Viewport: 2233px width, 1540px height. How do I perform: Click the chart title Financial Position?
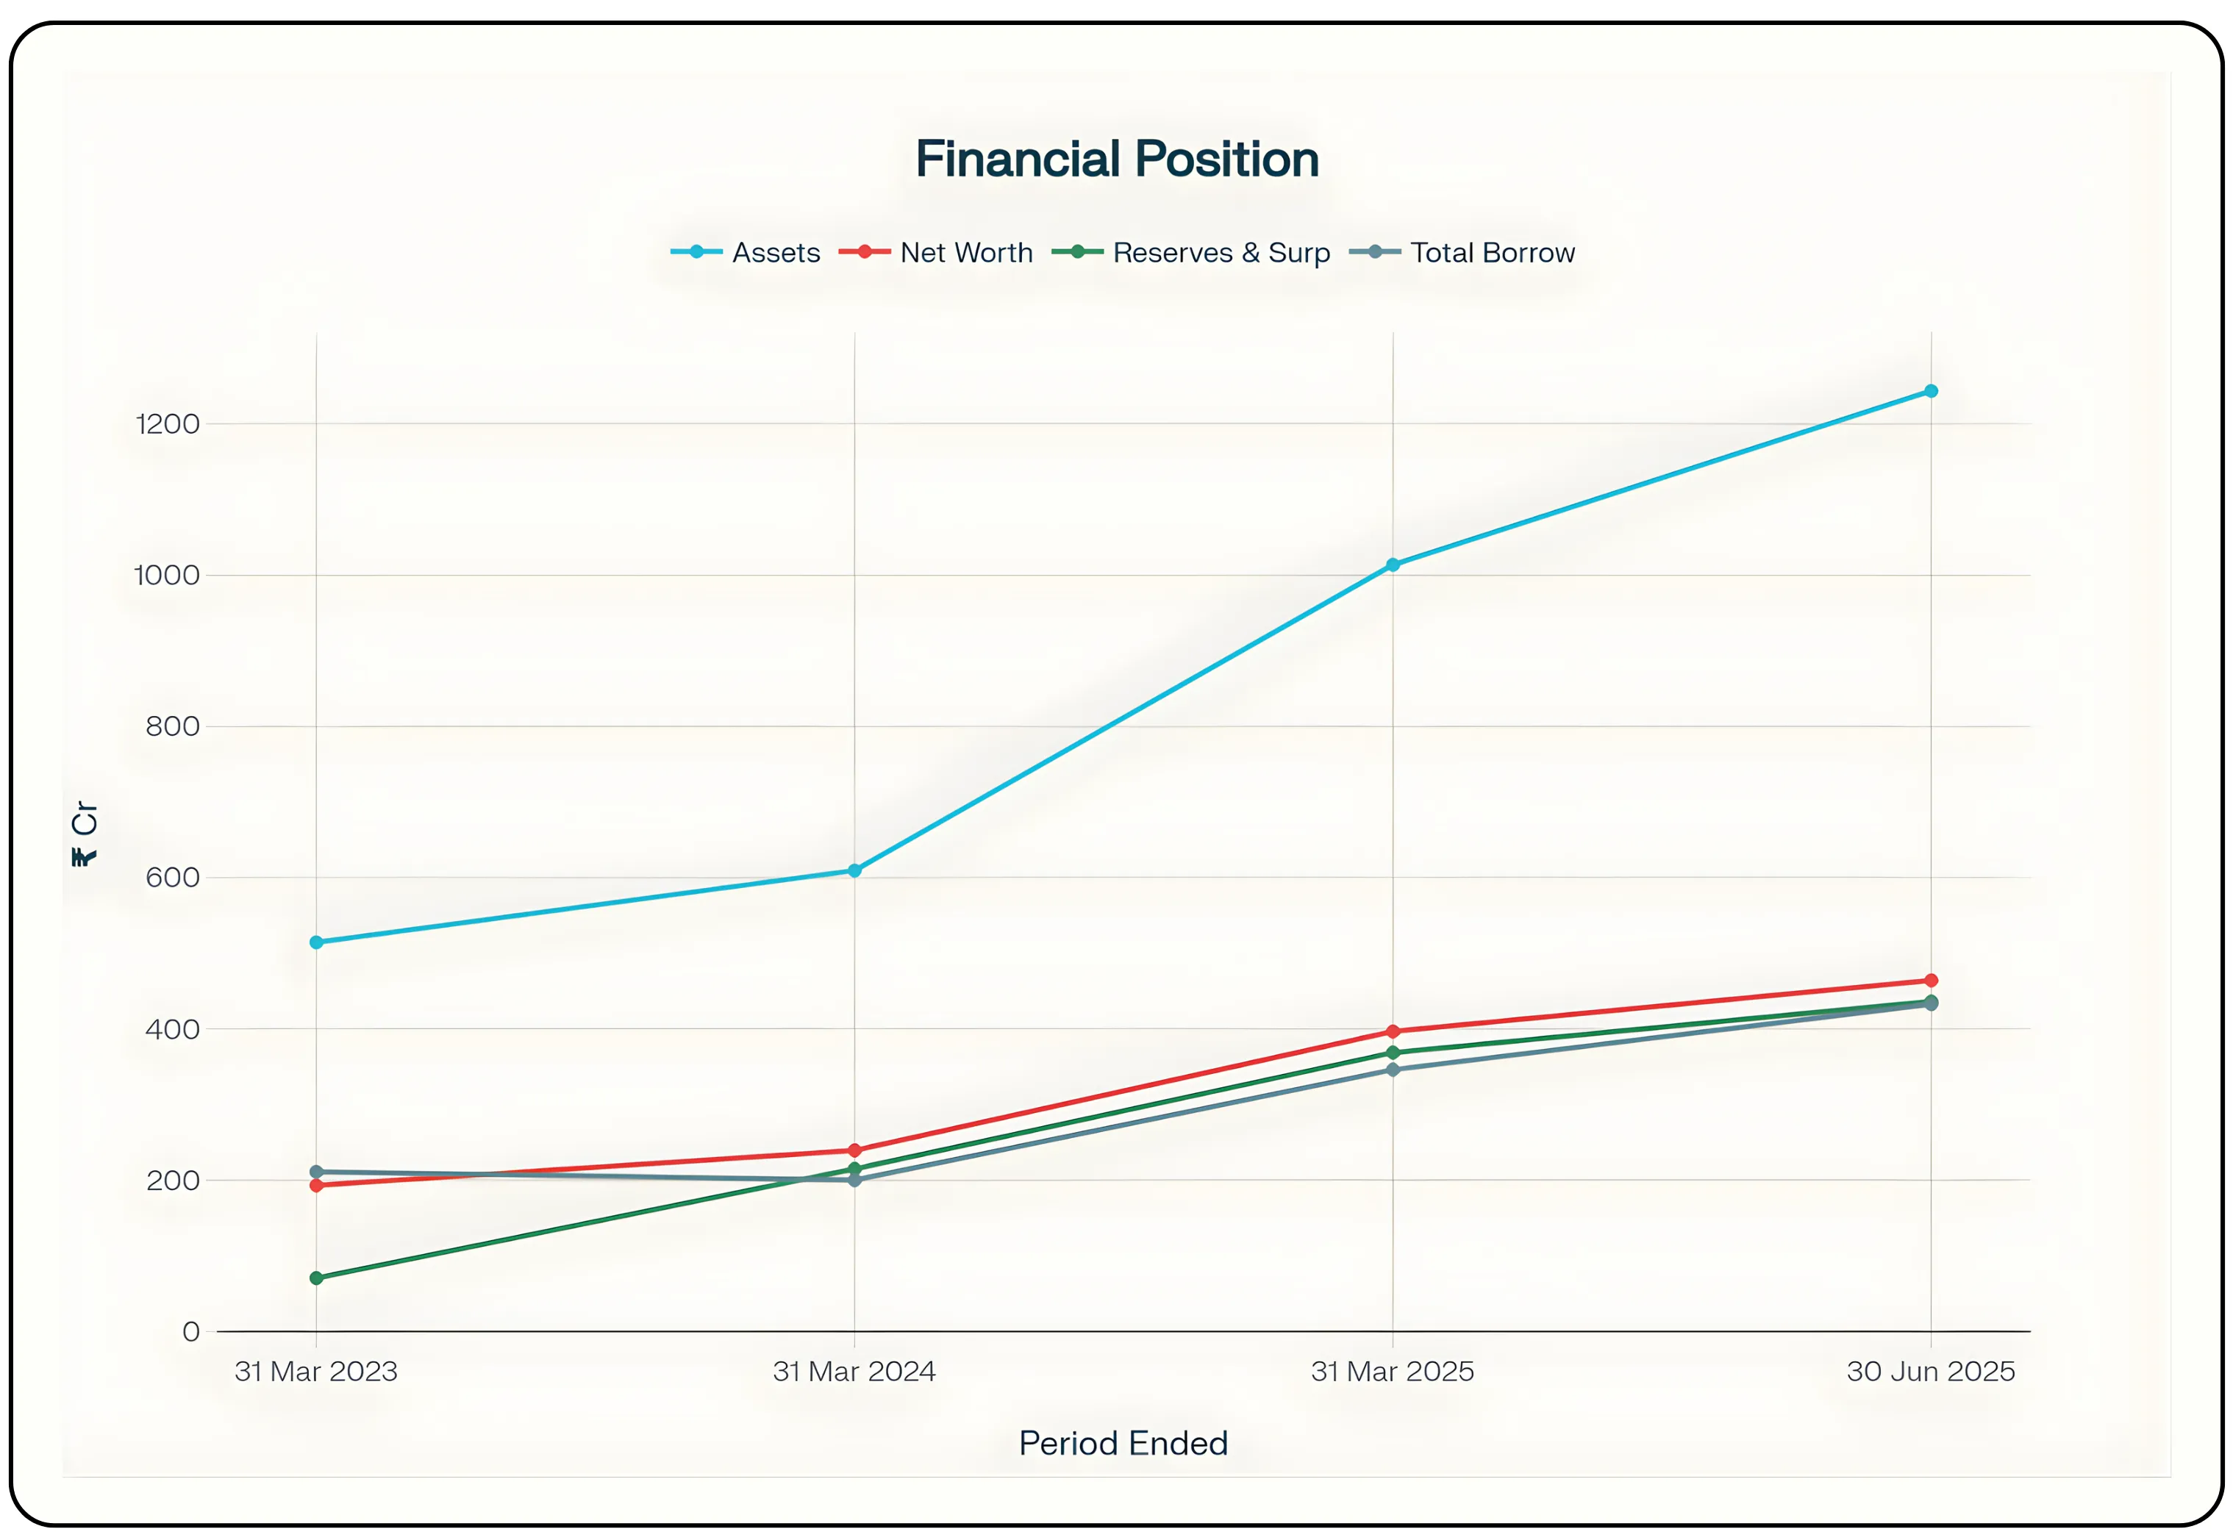pos(1116,160)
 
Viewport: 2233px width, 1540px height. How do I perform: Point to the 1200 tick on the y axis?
pos(168,423)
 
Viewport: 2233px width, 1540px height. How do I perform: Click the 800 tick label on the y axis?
pos(172,726)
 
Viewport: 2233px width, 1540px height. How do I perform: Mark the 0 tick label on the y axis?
pos(191,1331)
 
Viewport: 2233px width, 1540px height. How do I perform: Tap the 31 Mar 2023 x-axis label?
pos(315,1371)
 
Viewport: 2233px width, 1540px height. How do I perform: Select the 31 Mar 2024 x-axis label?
pos(854,1371)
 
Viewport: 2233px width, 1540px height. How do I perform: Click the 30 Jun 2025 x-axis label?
pos(1930,1371)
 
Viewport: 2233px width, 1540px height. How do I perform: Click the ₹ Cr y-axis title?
pos(85,834)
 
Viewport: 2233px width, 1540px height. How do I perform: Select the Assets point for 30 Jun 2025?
pos(1931,391)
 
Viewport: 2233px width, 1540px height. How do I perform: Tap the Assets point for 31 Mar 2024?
pos(854,870)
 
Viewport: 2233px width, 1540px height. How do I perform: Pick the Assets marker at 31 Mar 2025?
pos(1393,565)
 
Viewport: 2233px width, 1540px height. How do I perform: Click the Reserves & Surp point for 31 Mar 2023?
pos(316,1278)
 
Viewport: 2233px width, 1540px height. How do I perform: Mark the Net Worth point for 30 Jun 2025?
pos(1931,981)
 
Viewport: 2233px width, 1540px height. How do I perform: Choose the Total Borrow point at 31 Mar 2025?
pos(1393,1069)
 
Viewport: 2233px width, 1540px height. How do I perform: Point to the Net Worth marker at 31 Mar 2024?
pos(854,1150)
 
